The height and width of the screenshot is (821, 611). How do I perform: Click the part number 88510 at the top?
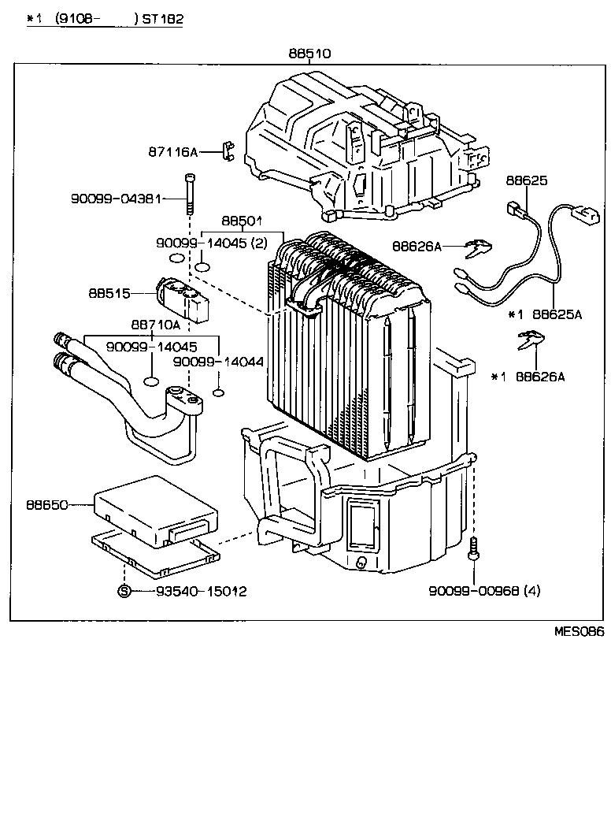(x=309, y=54)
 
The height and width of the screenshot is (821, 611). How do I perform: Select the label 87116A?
(x=172, y=151)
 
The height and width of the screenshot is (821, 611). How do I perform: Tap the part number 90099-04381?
(x=116, y=199)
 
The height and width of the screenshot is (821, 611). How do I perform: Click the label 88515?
(x=109, y=293)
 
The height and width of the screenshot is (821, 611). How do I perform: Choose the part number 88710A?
(x=155, y=324)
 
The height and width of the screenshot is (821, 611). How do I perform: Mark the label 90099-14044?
(x=218, y=361)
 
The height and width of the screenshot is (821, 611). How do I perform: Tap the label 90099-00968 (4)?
(x=485, y=591)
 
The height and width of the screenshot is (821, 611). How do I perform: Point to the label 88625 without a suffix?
(x=526, y=180)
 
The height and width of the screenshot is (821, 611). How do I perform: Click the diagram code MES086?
(x=579, y=631)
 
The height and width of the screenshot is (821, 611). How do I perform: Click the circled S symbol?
(x=124, y=591)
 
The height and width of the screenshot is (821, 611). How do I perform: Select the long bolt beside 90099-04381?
(x=189, y=194)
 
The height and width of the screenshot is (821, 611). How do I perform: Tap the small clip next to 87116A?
(x=228, y=149)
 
